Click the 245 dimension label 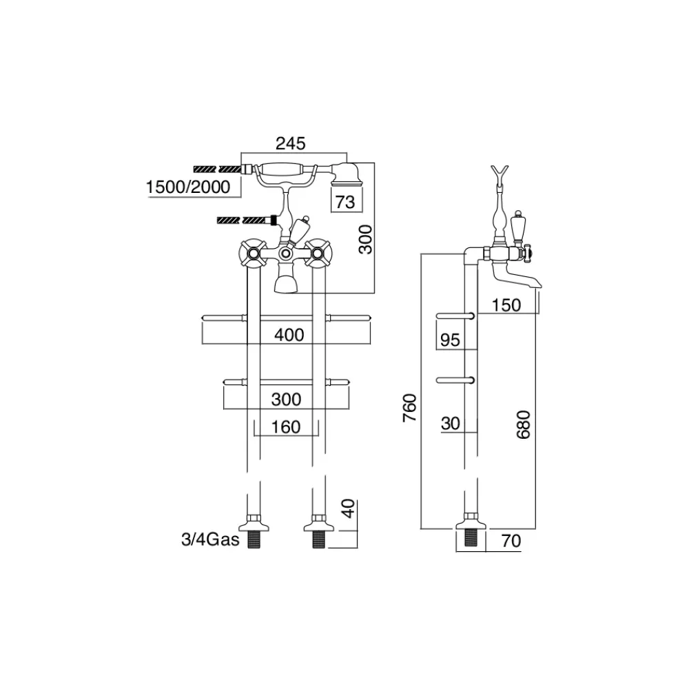[290, 144]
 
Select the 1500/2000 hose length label [188, 187]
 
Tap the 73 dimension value [345, 202]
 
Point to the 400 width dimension [289, 336]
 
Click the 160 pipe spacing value [286, 427]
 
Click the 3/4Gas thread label [210, 539]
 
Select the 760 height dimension [410, 408]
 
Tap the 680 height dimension [524, 425]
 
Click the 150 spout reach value [506, 305]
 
